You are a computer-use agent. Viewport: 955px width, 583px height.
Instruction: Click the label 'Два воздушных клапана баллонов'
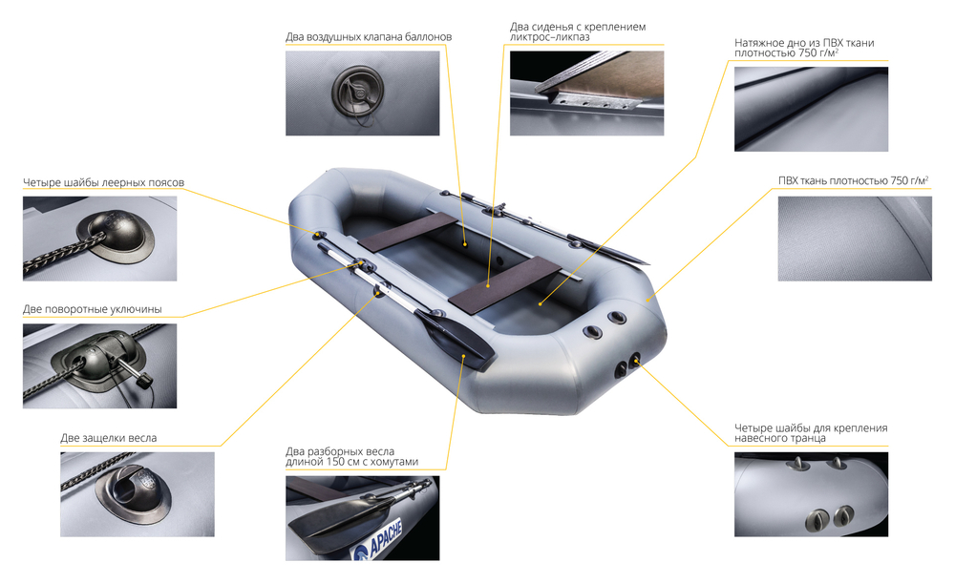(369, 37)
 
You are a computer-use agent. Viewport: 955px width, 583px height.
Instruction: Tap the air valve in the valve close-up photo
(357, 92)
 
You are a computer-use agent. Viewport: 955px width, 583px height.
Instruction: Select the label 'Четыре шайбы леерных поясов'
(103, 182)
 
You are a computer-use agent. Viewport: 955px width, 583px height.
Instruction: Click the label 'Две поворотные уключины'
(93, 309)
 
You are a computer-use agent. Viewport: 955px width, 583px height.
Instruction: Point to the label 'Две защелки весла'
(109, 438)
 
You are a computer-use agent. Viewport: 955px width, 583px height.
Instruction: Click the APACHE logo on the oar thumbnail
(378, 539)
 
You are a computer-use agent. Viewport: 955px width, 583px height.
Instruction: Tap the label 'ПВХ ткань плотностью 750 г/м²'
(853, 180)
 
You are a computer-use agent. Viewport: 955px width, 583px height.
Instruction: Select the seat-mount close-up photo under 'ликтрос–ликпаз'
(586, 94)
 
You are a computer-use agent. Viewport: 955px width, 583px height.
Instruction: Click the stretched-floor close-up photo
(811, 109)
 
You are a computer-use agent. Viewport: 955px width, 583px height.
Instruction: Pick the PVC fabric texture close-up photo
(855, 239)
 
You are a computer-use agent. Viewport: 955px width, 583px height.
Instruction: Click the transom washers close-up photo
(811, 494)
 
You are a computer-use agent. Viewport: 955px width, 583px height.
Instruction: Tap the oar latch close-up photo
(137, 494)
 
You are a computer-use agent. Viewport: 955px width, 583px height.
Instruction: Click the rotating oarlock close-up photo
(100, 365)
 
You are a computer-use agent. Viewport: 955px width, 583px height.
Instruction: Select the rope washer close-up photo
(100, 239)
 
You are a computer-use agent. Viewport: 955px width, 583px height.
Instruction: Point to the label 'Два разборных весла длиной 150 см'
(352, 457)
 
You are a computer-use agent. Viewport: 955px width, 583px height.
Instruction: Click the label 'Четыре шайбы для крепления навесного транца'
(811, 433)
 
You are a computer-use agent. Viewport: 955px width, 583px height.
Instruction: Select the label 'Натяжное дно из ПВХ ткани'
(804, 48)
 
